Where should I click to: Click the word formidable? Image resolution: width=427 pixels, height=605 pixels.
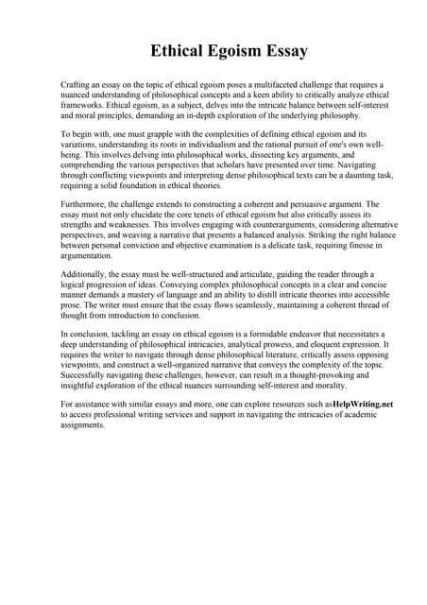coord(263,335)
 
